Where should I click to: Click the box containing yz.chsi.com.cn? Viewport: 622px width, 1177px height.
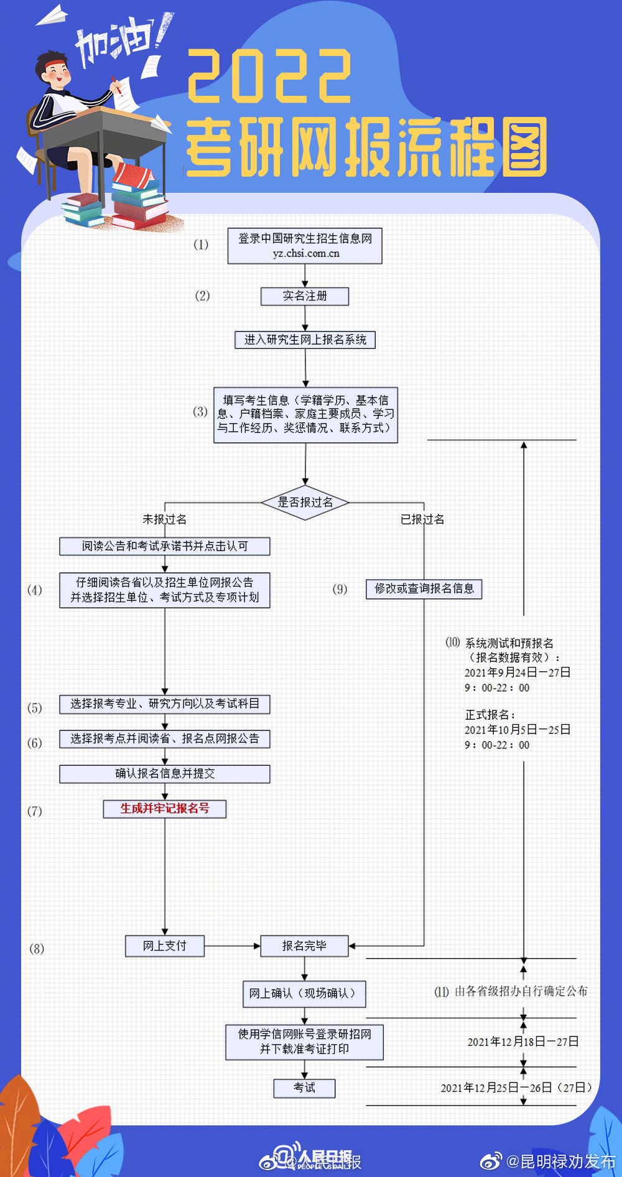coord(305,246)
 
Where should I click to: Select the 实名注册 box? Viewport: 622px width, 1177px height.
coord(305,296)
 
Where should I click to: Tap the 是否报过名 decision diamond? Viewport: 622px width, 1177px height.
coord(305,502)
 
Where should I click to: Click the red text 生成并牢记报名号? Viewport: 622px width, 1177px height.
coord(165,809)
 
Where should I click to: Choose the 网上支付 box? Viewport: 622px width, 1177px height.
coord(165,946)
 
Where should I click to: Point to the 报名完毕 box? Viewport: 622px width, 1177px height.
coord(304,946)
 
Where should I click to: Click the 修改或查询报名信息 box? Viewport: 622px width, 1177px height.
coord(424,588)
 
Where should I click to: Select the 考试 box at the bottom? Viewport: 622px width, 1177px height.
coord(304,1088)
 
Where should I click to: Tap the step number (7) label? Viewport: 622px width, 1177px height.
coord(35,811)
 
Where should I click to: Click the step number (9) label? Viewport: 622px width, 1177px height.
coord(340,589)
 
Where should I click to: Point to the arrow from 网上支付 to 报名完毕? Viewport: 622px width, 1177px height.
coord(232,946)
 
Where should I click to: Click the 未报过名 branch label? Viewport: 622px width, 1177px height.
coord(165,519)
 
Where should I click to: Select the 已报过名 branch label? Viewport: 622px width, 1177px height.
coord(422,519)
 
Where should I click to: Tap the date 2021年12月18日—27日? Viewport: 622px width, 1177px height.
coord(522,1042)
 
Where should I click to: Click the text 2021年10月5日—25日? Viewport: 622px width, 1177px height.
coord(517,730)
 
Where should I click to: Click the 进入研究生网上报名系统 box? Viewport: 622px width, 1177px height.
coord(305,340)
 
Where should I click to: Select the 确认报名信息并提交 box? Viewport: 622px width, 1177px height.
coord(165,774)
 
